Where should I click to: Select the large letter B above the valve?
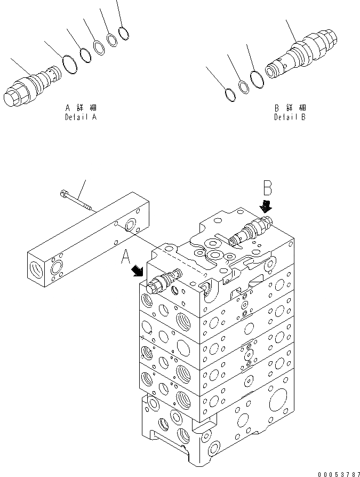(x=268, y=189)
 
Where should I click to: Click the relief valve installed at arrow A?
(x=164, y=281)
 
